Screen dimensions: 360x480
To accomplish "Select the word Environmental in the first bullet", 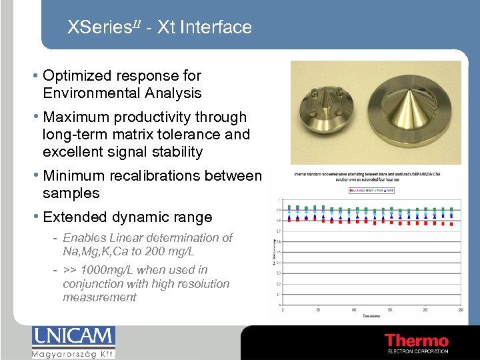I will point(93,93).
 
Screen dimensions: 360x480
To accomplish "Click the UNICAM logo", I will point(73,337).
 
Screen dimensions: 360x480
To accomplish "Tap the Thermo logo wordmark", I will point(417,341).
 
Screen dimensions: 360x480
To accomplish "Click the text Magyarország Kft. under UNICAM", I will point(73,353).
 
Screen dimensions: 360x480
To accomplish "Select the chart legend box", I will point(372,190).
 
